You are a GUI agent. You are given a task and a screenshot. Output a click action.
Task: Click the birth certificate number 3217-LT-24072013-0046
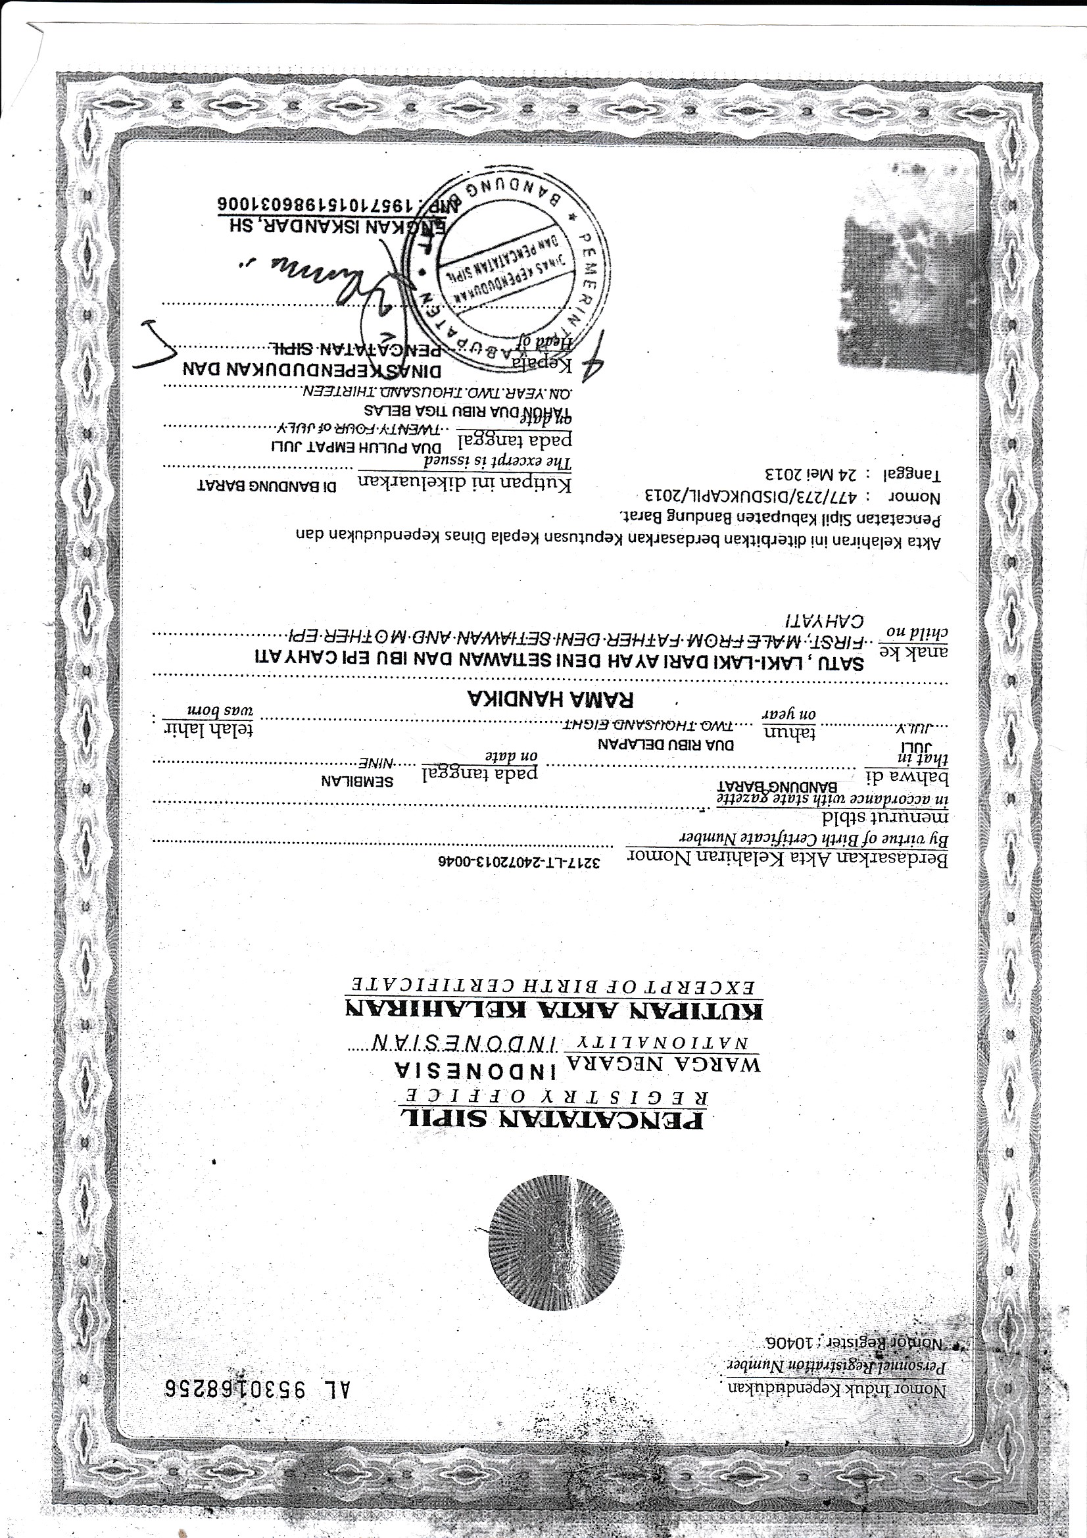coord(517,862)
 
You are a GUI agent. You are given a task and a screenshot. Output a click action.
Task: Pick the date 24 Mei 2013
coord(810,475)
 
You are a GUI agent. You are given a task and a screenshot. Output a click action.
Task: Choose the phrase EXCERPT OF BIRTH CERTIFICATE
coord(554,985)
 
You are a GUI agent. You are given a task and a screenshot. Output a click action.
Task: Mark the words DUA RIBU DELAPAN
coord(665,745)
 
